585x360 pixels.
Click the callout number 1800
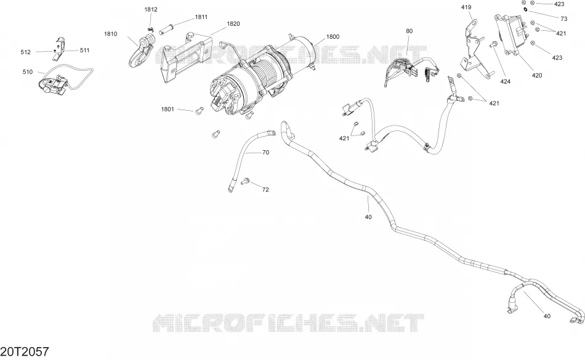[333, 36]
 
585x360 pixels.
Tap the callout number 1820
[233, 24]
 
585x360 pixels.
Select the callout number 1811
[201, 17]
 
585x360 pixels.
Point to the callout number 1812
[151, 10]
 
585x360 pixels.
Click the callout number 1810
[110, 34]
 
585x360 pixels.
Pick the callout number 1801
[167, 109]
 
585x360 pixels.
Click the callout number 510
[28, 72]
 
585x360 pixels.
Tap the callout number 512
[25, 52]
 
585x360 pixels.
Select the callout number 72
[265, 190]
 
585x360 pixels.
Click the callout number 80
[409, 31]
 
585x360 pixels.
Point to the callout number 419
[466, 7]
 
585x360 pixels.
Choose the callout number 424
[505, 82]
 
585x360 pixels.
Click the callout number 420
[537, 75]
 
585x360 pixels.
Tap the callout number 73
[563, 18]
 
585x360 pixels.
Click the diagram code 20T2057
[25, 351]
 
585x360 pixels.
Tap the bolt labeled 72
[246, 181]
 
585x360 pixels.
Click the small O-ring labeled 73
[525, 9]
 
